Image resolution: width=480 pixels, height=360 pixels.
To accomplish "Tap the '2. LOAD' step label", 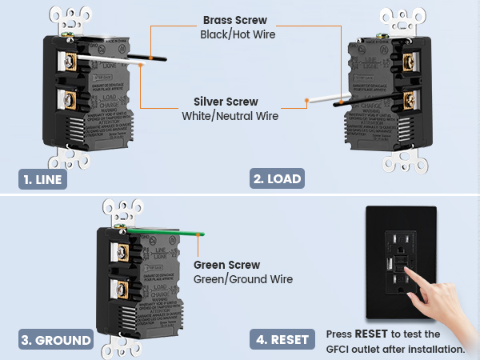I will point(278,179).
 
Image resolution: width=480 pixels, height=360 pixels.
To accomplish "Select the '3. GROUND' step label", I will point(55,340).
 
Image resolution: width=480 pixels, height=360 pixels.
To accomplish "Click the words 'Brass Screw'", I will point(234,19).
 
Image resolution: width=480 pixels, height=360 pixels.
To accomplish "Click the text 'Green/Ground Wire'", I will point(243,279).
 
